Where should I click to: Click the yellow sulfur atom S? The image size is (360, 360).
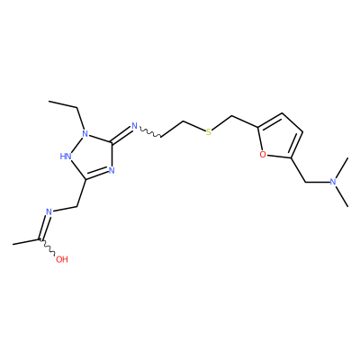click(x=209, y=132)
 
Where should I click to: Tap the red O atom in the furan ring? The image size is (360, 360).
click(x=263, y=155)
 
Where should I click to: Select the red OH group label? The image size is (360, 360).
click(x=62, y=259)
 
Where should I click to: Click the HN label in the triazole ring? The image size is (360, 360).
click(x=66, y=156)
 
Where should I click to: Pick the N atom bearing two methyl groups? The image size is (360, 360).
click(x=332, y=182)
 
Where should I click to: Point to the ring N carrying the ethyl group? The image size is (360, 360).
click(x=85, y=133)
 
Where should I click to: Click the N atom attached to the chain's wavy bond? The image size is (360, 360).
click(x=134, y=126)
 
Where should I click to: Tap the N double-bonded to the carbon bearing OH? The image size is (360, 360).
click(x=49, y=211)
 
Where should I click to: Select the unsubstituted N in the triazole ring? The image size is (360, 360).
click(x=112, y=171)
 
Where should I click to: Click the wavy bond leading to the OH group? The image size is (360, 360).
click(x=48, y=247)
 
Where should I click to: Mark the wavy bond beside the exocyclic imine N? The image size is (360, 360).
click(x=150, y=132)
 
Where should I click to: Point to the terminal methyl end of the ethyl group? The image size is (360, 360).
click(x=49, y=102)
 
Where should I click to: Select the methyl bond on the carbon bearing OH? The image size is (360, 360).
click(x=26, y=242)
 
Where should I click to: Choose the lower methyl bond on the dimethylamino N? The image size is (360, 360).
click(x=342, y=196)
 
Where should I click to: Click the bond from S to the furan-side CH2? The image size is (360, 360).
click(x=222, y=123)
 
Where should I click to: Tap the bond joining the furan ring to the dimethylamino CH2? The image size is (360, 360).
click(x=298, y=170)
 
